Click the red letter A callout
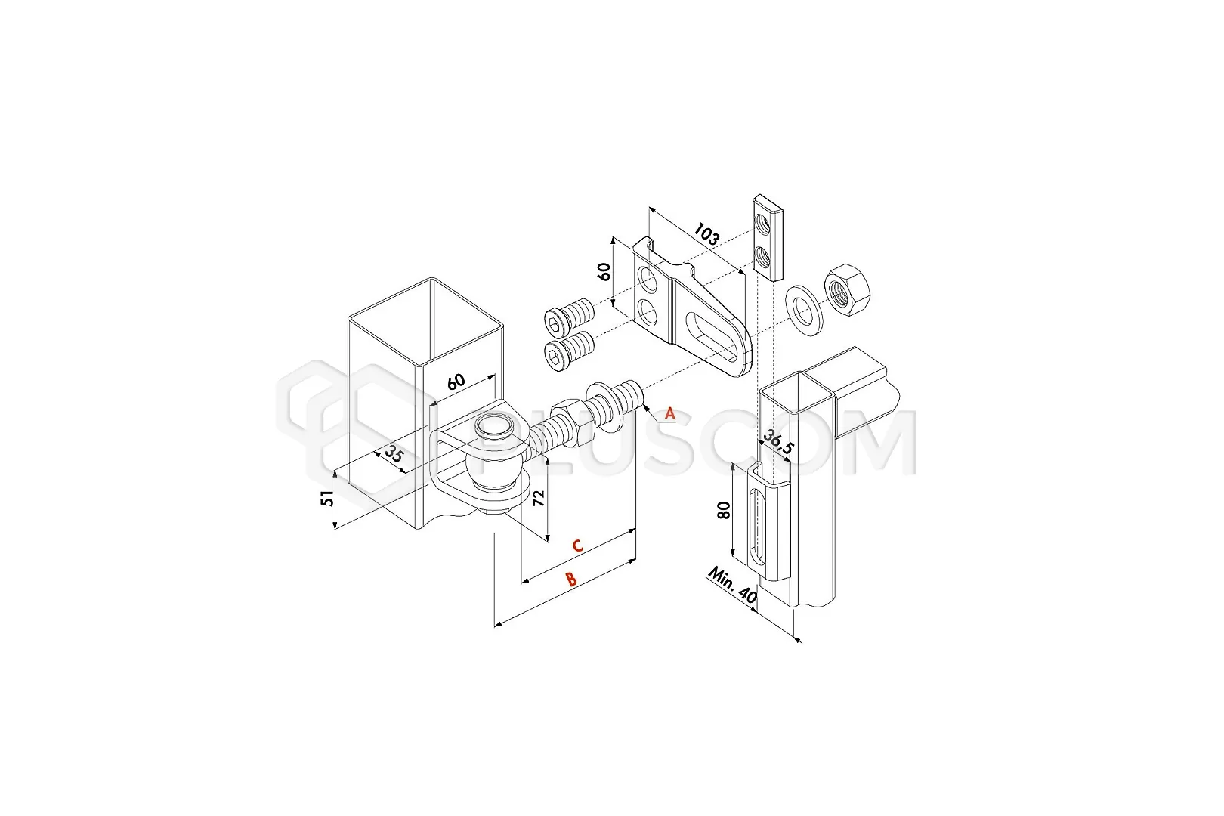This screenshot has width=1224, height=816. (670, 414)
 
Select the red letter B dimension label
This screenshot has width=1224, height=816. (571, 580)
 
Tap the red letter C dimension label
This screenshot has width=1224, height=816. (577, 546)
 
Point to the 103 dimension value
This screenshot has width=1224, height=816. (706, 234)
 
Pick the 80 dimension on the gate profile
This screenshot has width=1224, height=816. (724, 511)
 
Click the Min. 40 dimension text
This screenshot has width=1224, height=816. (733, 585)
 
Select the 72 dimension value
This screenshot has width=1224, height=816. (538, 497)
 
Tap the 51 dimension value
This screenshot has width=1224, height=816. (326, 498)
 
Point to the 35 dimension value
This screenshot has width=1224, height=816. (394, 453)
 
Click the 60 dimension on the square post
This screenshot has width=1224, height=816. (456, 381)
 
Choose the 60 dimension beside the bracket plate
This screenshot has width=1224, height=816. (604, 271)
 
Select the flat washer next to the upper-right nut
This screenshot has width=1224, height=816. (803, 310)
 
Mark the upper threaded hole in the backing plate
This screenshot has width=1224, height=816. (761, 222)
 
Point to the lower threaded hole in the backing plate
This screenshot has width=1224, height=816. (761, 255)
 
